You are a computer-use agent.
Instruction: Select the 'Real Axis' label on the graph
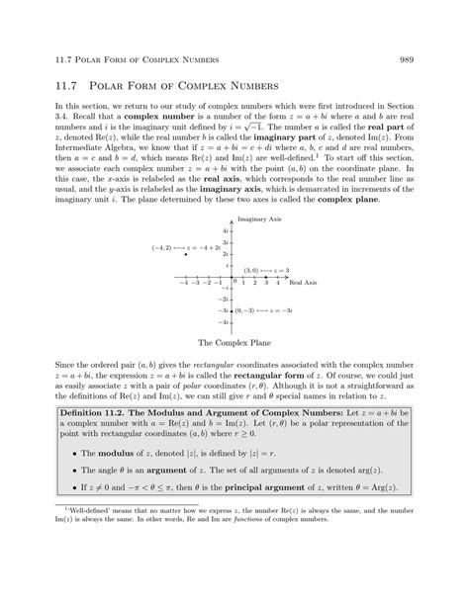[303, 282]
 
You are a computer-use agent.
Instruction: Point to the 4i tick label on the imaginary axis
[226, 229]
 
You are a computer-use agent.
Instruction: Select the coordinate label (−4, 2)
[161, 246]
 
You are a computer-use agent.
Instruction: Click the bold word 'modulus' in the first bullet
[132, 453]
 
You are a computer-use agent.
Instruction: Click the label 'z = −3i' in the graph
[280, 310]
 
